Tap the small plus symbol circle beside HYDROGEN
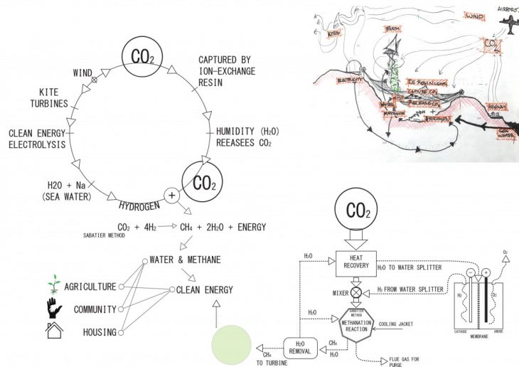click(x=171, y=194)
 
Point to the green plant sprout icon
click(x=53, y=284)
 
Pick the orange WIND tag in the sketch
click(x=475, y=15)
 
